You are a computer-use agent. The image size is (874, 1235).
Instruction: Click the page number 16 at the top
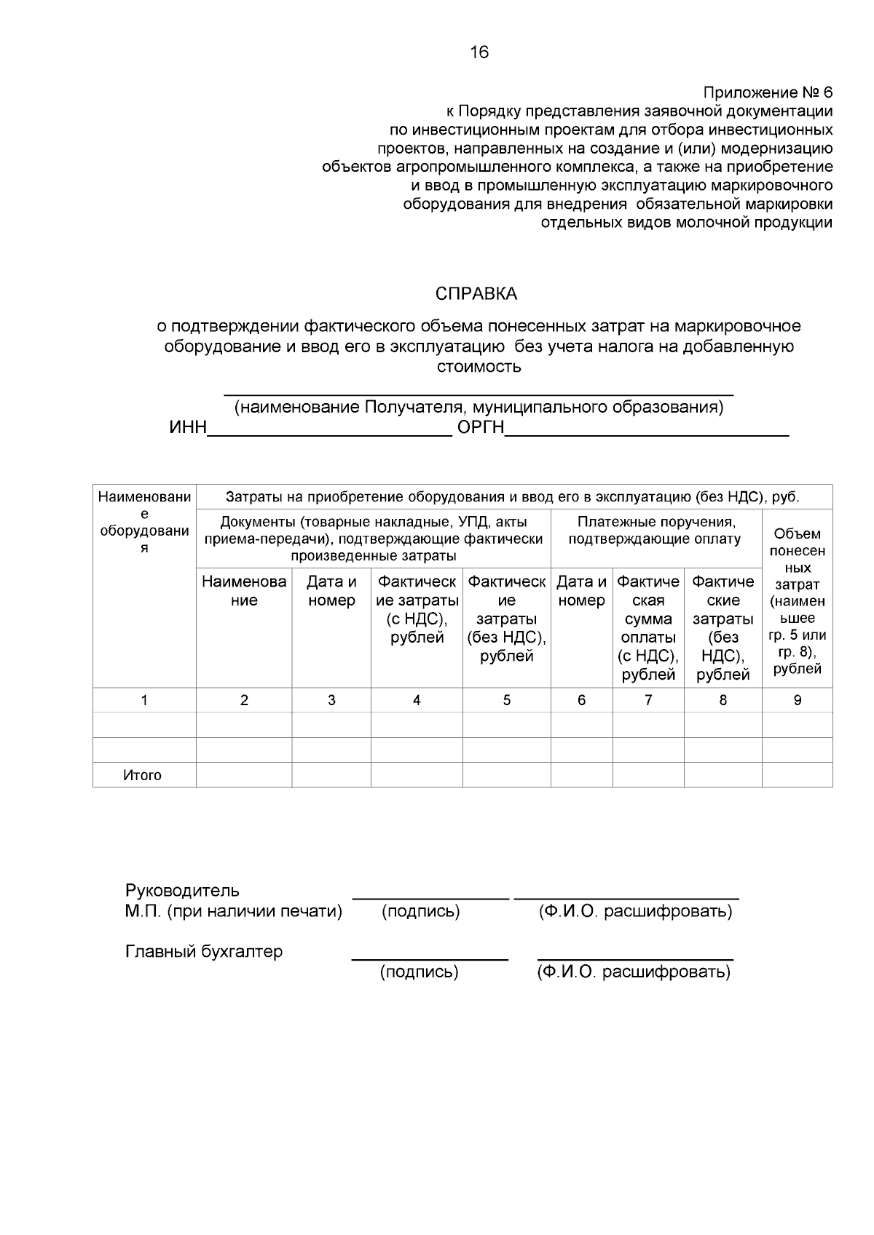(480, 52)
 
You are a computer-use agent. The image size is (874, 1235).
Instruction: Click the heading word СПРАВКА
(476, 294)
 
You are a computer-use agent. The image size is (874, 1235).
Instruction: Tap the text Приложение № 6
(767, 93)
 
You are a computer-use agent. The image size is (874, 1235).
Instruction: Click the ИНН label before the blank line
(188, 428)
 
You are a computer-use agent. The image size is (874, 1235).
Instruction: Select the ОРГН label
(481, 428)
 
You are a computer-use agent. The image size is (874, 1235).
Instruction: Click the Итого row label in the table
(143, 775)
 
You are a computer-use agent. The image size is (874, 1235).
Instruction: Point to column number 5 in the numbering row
(507, 700)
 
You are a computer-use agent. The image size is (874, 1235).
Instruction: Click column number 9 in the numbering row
(798, 700)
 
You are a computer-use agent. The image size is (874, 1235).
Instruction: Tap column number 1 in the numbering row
(144, 700)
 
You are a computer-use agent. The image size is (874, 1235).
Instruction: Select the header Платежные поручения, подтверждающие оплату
(655, 531)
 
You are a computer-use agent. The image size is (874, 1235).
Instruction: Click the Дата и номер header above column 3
(331, 591)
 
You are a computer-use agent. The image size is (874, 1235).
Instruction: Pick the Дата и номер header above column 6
(581, 591)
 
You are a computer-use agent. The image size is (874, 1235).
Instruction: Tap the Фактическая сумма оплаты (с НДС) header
(648, 628)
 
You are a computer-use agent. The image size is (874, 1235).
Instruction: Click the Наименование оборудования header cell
(144, 522)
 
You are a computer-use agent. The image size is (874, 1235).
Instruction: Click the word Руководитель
(182, 891)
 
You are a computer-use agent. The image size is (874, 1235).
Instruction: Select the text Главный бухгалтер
(204, 952)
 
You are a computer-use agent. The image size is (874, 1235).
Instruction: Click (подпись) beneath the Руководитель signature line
(421, 911)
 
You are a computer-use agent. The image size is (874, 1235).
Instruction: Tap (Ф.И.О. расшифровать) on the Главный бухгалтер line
(634, 972)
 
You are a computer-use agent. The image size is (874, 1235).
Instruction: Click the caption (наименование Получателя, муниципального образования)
(479, 407)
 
